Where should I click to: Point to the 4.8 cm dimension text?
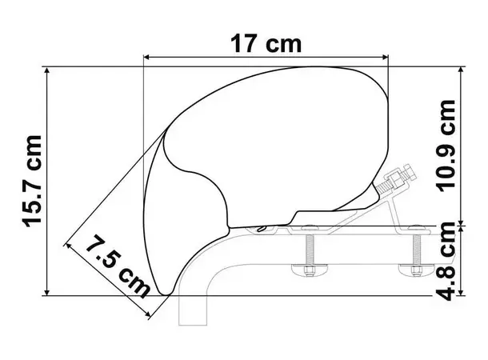coord(450,262)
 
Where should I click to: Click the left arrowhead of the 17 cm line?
coord(146,57)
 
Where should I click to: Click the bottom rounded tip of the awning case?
coord(163,289)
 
